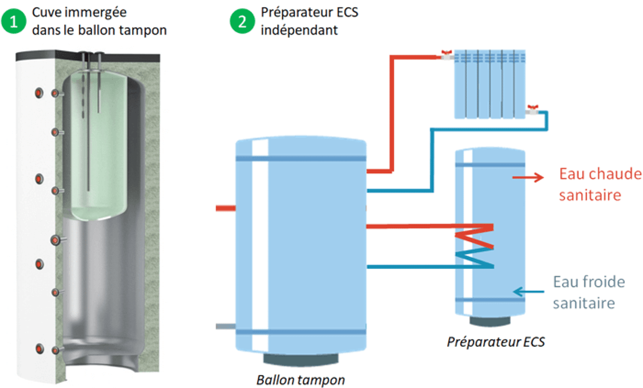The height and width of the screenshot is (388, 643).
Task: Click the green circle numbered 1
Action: pyautogui.click(x=17, y=22)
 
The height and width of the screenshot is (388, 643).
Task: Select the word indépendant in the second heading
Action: pyautogui.click(x=299, y=30)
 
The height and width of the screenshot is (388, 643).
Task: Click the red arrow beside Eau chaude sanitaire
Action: pyautogui.click(x=528, y=177)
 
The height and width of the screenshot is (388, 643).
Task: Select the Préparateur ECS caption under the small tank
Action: pyautogui.click(x=496, y=342)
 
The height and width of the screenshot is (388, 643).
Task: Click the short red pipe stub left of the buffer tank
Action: pyautogui.click(x=225, y=208)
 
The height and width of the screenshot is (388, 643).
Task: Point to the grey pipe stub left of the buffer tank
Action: pyautogui.click(x=225, y=326)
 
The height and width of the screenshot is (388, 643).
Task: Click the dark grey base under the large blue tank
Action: pyautogui.click(x=301, y=359)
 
